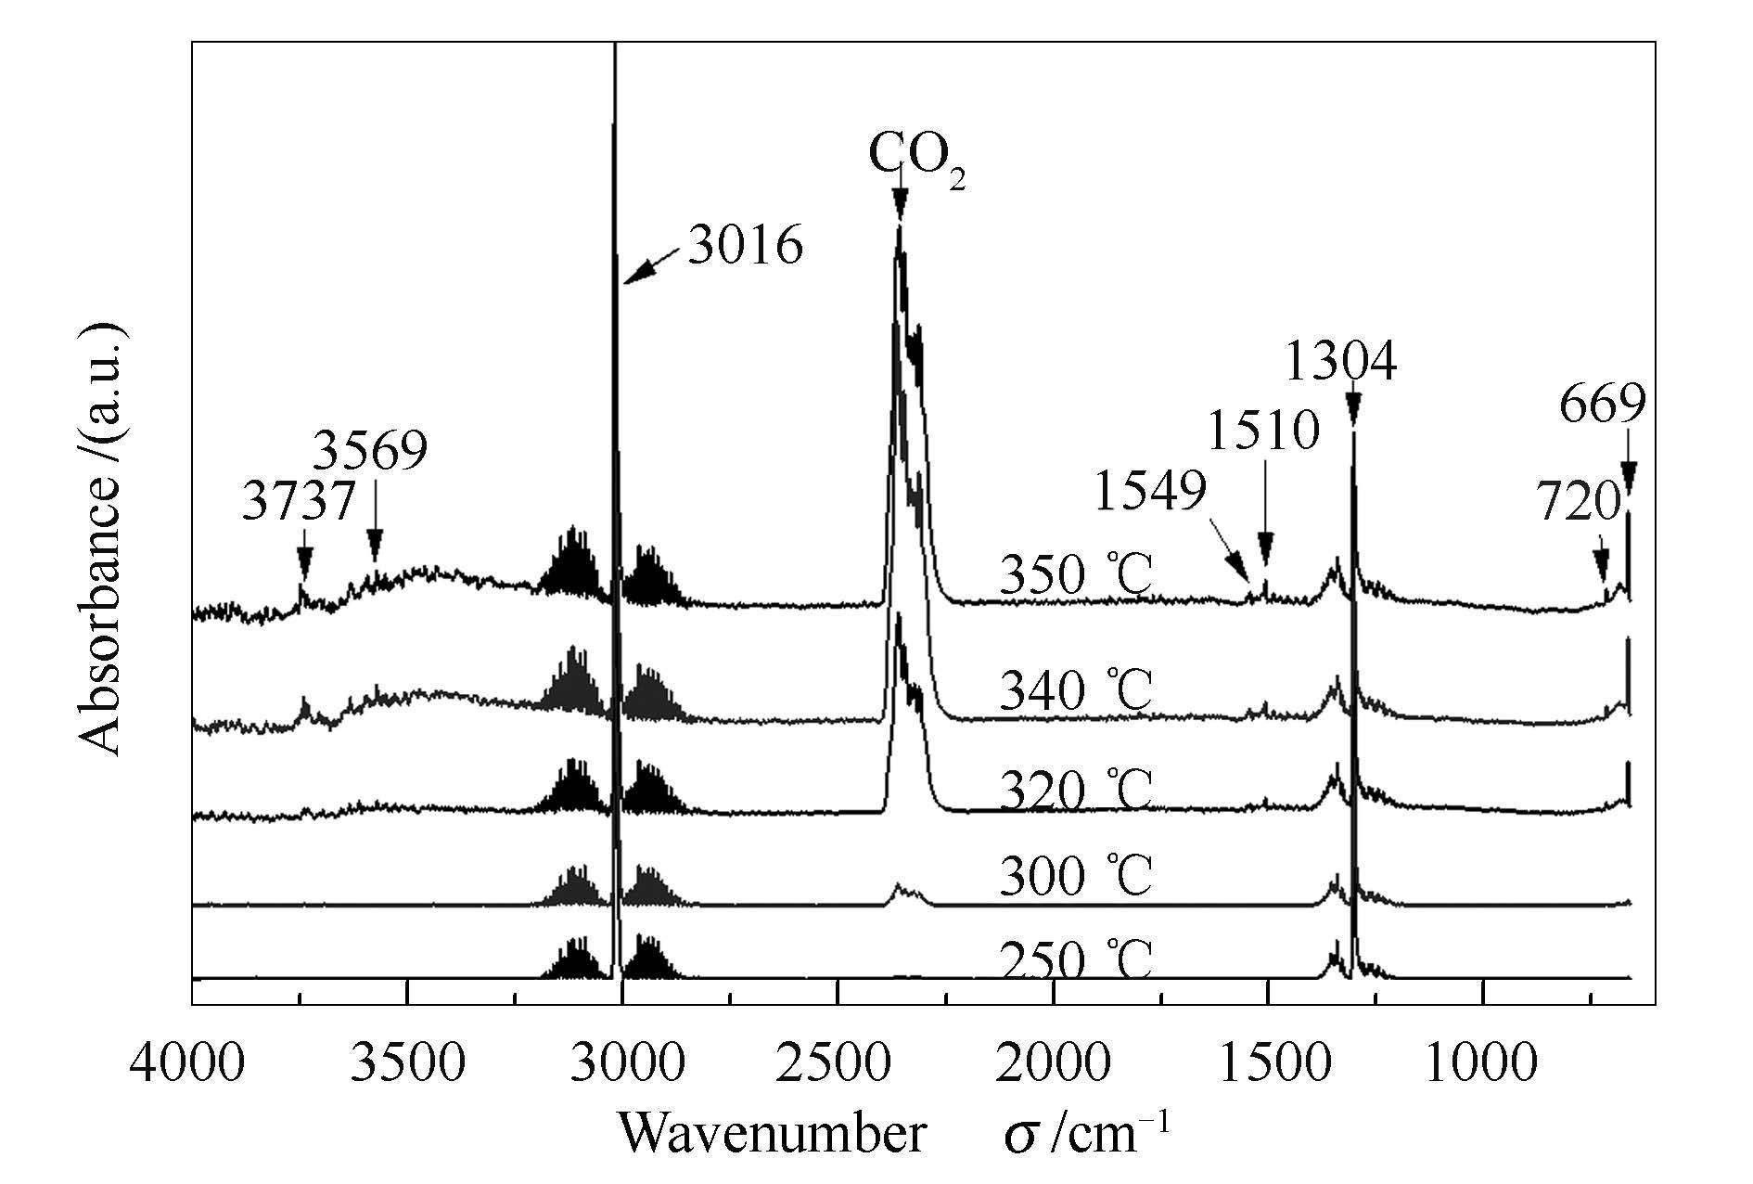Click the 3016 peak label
[x=745, y=246]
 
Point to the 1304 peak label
[x=1340, y=362]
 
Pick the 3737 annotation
[x=300, y=502]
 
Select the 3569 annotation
[x=370, y=452]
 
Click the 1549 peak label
[x=1150, y=490]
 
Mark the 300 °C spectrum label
[x=1076, y=875]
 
